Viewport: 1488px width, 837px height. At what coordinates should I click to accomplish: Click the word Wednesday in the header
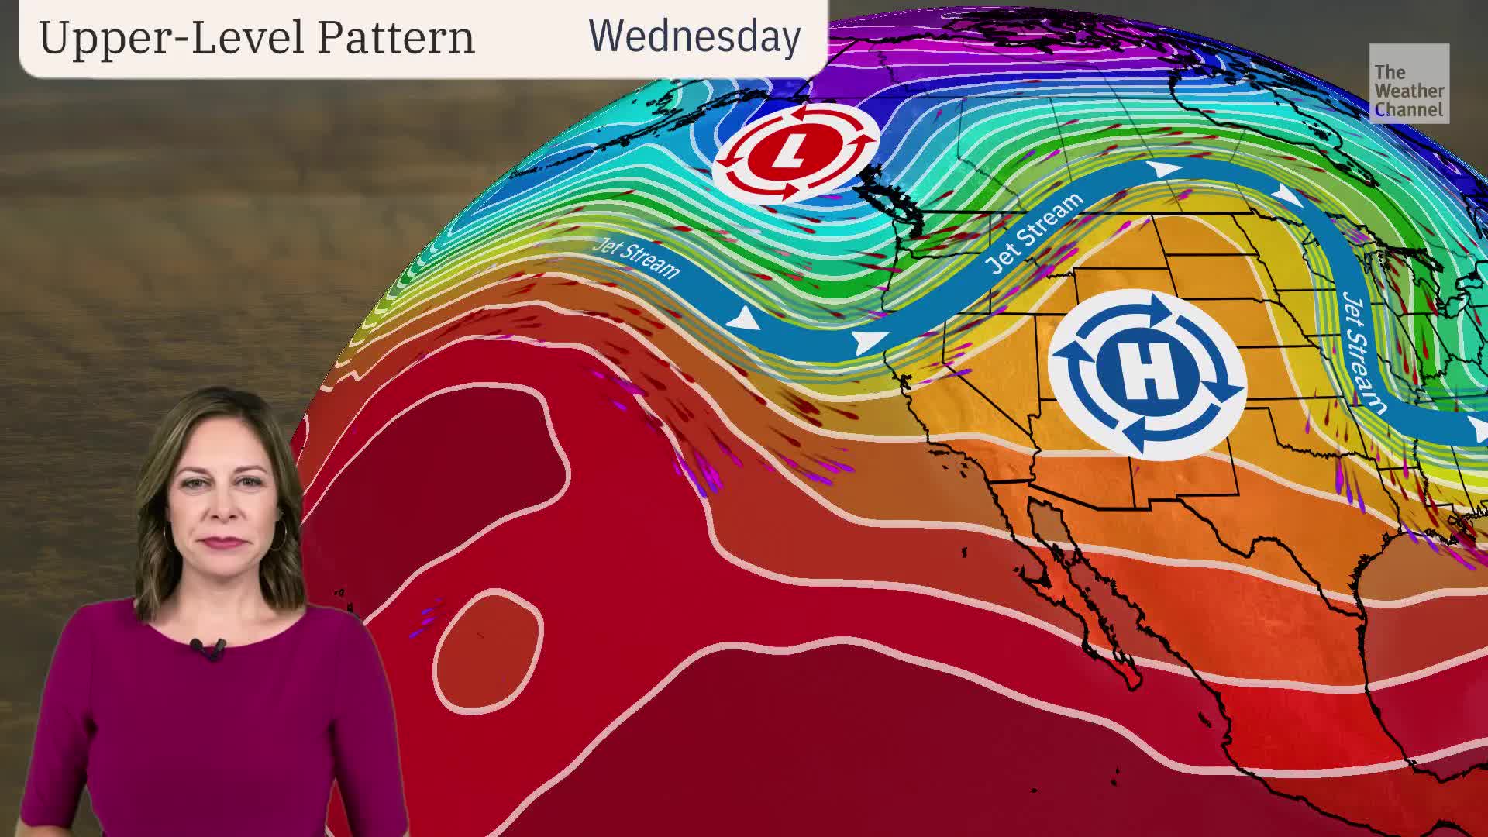pos(694,36)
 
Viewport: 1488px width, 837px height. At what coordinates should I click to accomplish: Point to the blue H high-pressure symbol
pos(1148,373)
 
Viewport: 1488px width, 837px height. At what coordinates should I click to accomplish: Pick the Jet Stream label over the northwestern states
pos(1035,232)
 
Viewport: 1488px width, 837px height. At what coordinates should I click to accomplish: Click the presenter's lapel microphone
pos(208,648)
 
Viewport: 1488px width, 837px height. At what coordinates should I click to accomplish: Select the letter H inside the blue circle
pos(1148,373)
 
